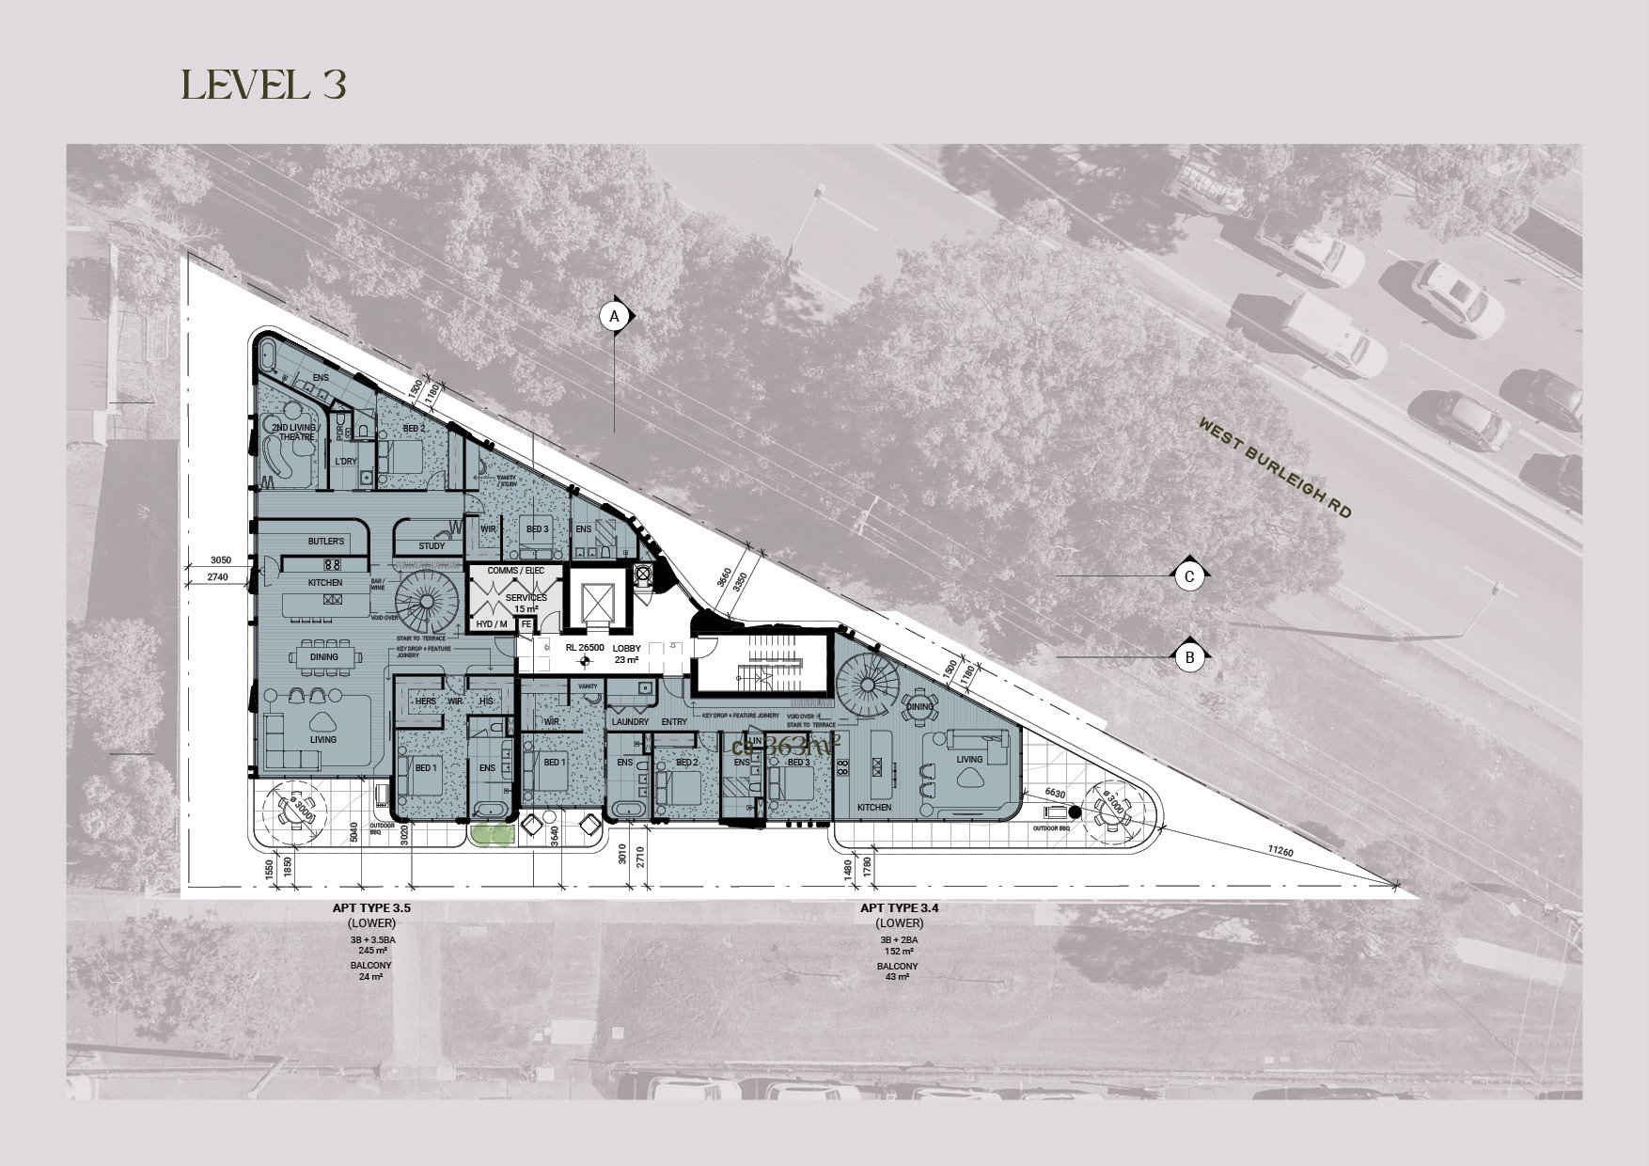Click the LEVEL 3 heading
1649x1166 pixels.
coord(264,85)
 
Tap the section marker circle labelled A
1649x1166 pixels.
coord(615,317)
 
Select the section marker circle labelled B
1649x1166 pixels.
coord(1189,657)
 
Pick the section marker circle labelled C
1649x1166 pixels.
coord(1189,575)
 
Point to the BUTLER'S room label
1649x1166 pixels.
coord(326,542)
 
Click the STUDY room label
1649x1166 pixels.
coord(432,545)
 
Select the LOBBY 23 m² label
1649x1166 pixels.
coord(626,654)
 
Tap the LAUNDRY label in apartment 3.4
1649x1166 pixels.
coord(629,721)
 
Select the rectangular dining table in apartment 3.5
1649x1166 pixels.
coord(323,657)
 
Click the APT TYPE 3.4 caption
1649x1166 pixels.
coord(899,909)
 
